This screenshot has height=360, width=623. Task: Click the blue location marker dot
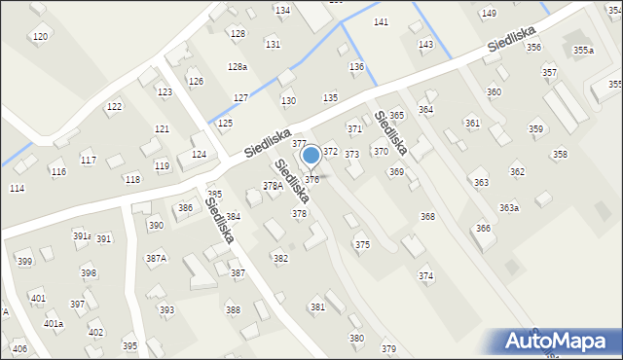[x=311, y=155]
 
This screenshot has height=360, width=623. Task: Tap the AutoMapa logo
[x=560, y=342]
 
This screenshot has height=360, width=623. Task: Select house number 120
[x=40, y=37]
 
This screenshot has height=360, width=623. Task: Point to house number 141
[x=382, y=21]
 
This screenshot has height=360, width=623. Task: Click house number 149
[x=489, y=13]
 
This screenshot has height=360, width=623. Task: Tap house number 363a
[x=509, y=207]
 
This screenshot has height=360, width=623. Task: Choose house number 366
[x=483, y=228]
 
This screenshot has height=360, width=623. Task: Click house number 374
[x=426, y=276]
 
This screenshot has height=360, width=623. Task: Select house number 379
[x=388, y=348]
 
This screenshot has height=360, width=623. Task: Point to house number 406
[x=19, y=348]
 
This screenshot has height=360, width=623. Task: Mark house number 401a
[x=54, y=323]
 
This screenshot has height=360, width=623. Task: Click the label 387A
[x=156, y=258]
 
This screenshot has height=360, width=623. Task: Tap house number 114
[x=17, y=188]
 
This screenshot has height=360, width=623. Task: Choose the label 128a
[x=238, y=66]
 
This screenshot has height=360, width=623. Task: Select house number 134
[x=282, y=10]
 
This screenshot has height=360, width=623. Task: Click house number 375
[x=362, y=245]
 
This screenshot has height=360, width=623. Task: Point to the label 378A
[x=273, y=186]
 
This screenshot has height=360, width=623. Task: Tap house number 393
[x=167, y=310]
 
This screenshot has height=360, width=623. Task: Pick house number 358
[x=560, y=154]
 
